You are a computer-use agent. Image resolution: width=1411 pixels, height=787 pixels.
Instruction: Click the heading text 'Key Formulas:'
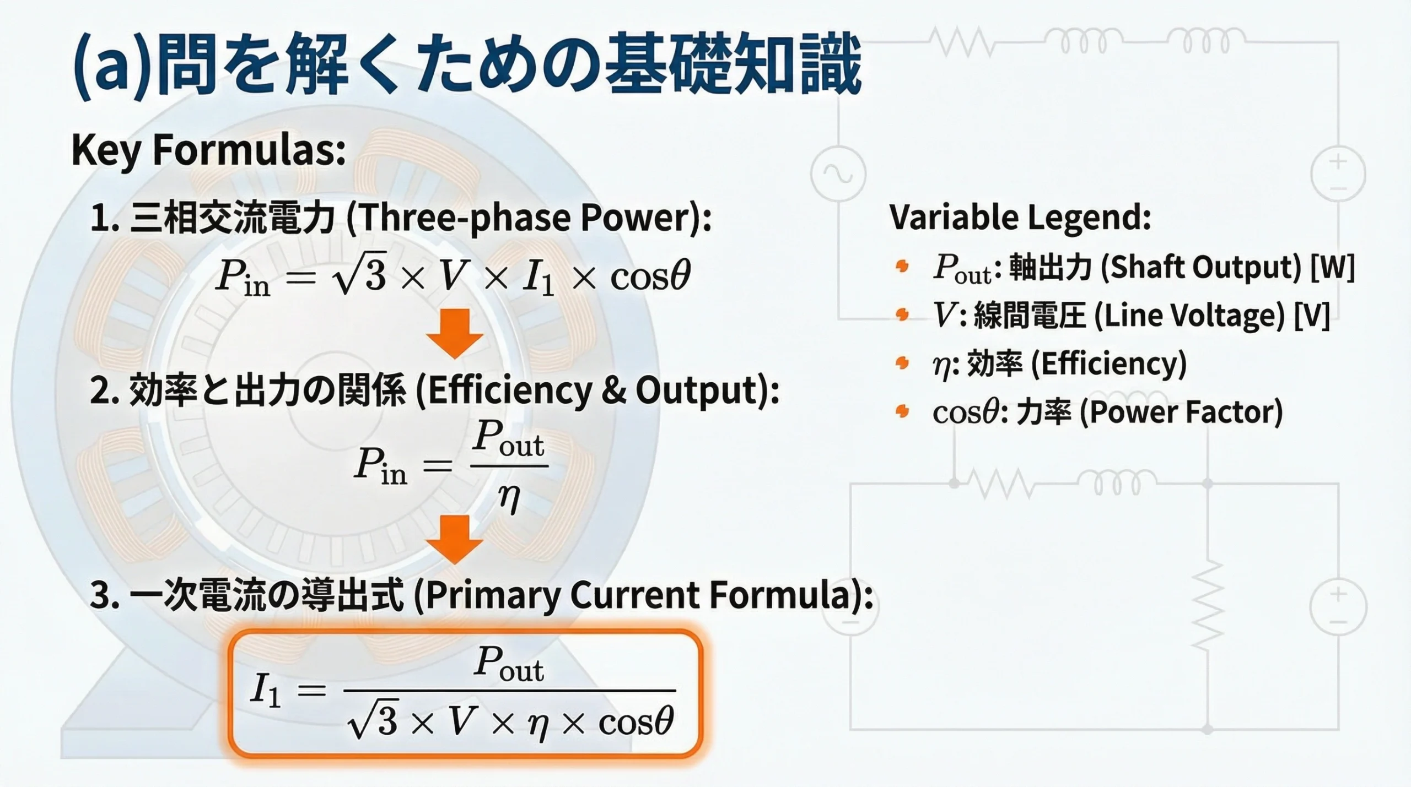(208, 150)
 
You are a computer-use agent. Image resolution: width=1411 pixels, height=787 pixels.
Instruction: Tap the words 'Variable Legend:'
(1020, 217)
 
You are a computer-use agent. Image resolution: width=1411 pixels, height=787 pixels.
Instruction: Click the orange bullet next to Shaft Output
(902, 267)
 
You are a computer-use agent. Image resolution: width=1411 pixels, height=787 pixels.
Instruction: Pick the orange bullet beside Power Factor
(902, 411)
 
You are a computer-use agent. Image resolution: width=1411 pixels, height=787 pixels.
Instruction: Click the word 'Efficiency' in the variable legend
(1108, 364)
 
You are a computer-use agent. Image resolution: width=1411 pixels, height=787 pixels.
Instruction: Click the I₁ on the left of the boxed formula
(266, 691)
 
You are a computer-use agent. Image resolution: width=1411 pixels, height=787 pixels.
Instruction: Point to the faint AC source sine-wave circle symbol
(838, 174)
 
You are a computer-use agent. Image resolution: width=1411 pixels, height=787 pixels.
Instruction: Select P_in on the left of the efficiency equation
(380, 466)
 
